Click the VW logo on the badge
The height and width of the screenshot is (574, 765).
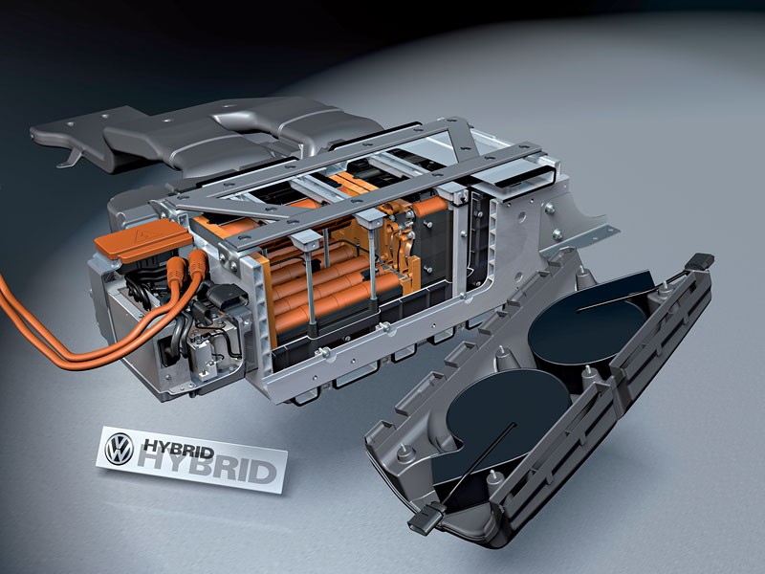(x=119, y=446)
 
